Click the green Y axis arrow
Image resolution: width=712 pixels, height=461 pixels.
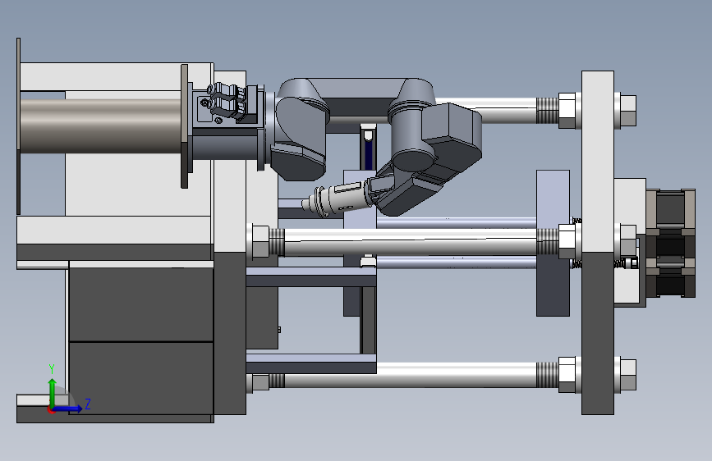(x=53, y=394)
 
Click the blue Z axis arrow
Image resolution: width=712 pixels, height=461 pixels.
(x=67, y=409)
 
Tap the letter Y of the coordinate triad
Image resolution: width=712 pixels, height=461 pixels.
(x=52, y=369)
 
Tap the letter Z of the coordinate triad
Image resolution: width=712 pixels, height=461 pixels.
(x=88, y=404)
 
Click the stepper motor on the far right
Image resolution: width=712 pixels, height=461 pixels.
(x=671, y=243)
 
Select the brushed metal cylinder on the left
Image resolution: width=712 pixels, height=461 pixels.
(x=101, y=126)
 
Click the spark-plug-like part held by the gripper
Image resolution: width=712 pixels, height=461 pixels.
(x=335, y=199)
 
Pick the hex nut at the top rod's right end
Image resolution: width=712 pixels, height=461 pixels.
(x=627, y=110)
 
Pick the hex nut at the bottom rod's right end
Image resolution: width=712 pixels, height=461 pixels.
(x=627, y=375)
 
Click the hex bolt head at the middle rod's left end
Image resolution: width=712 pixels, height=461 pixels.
(x=260, y=241)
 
